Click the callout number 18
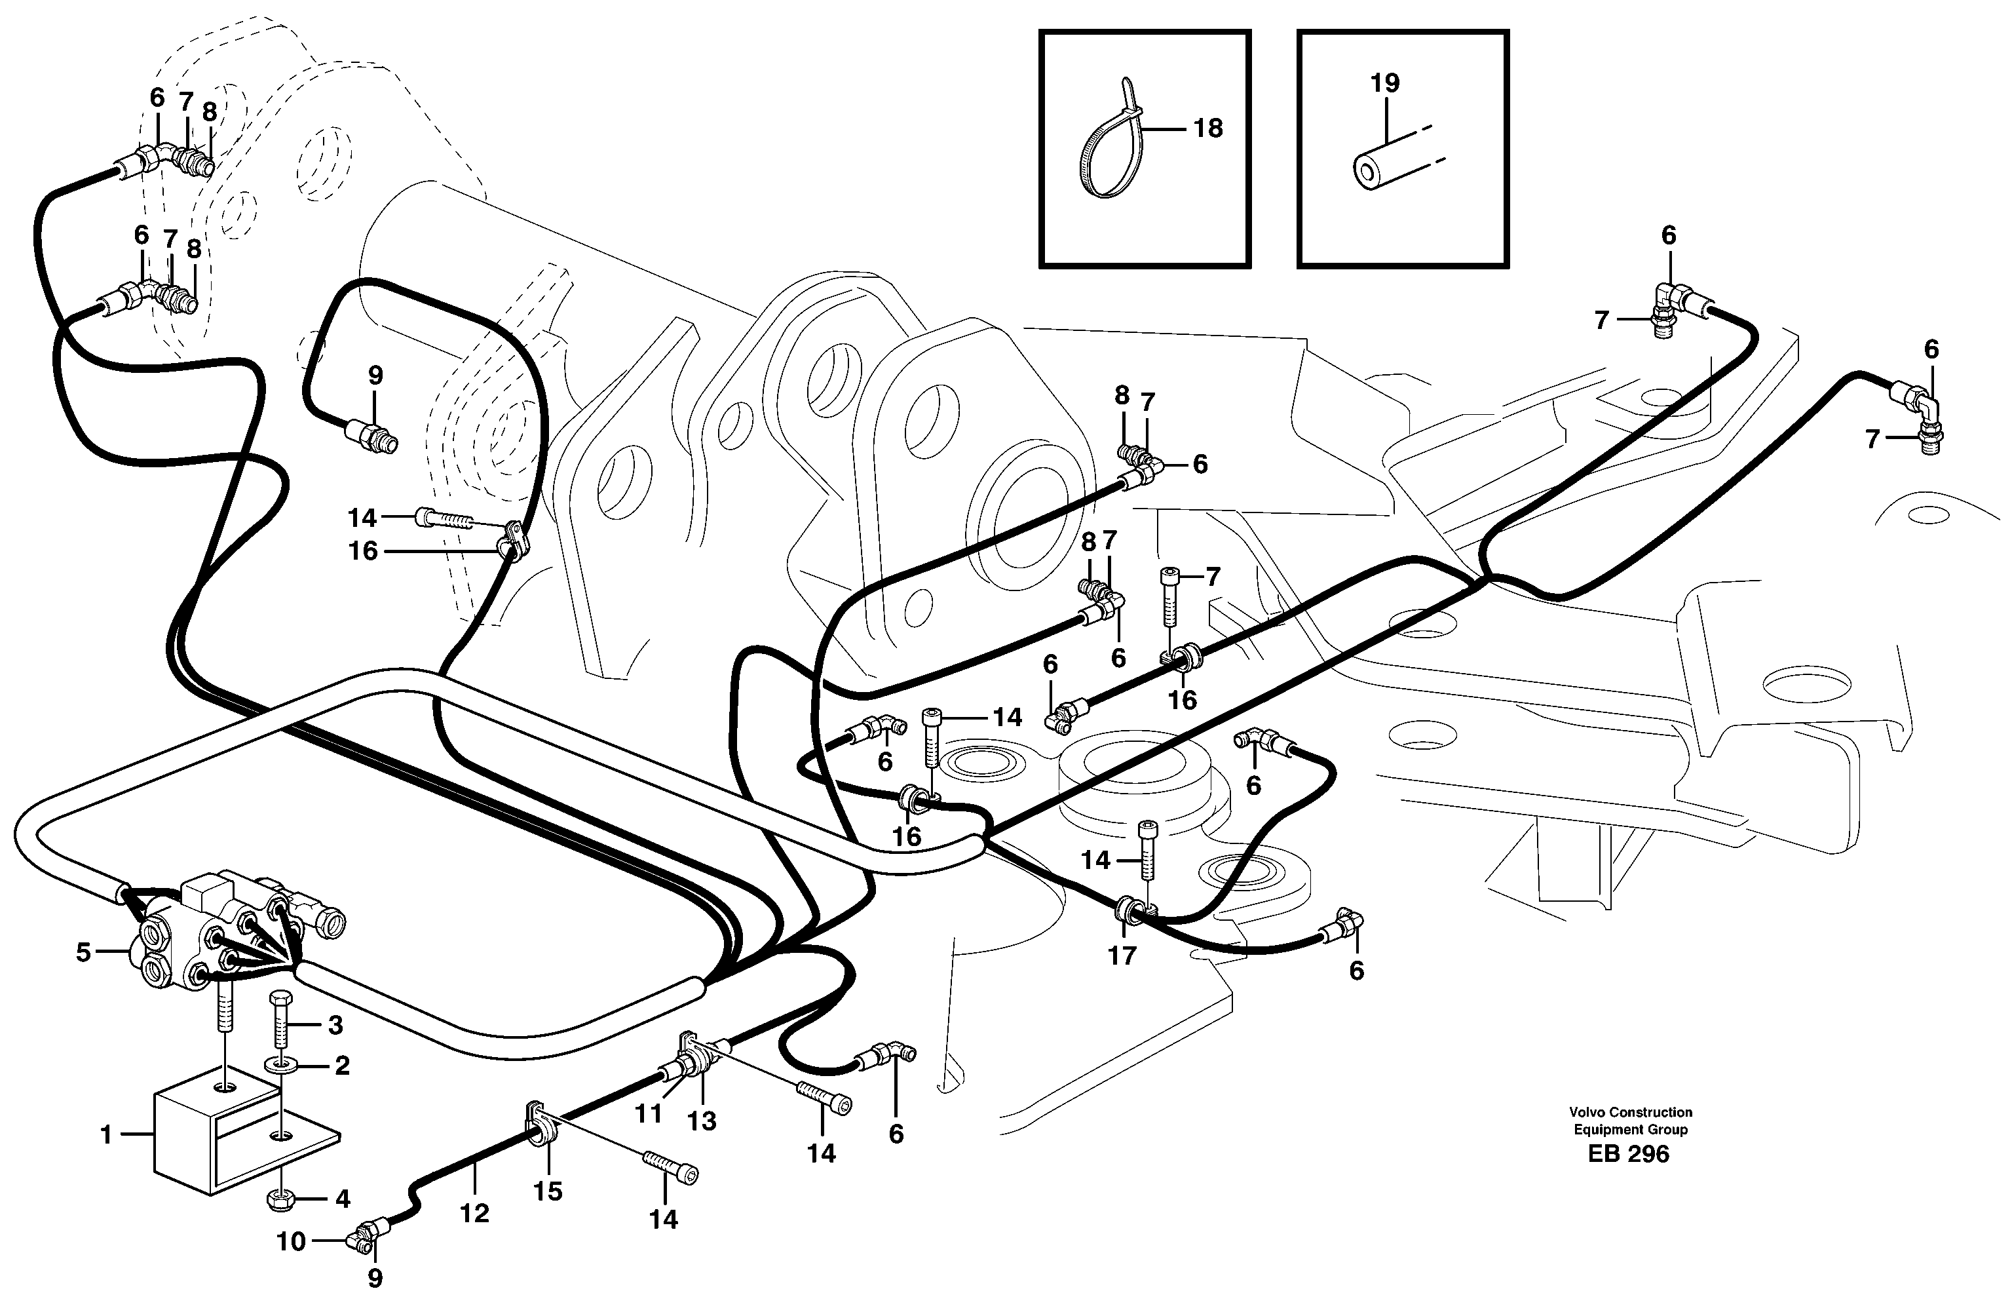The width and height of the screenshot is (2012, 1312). pyautogui.click(x=1208, y=128)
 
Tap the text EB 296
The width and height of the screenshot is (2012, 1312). pyautogui.click(x=1627, y=1154)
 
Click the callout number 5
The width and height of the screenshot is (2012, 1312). pyautogui.click(x=83, y=953)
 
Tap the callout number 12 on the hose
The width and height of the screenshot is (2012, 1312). pyautogui.click(x=474, y=1213)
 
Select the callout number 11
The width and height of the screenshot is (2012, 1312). pyautogui.click(x=649, y=1113)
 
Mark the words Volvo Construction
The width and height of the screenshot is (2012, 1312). pyautogui.click(x=1630, y=1113)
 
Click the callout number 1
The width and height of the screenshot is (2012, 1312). pyautogui.click(x=105, y=1134)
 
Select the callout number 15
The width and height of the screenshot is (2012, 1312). pyautogui.click(x=548, y=1191)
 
